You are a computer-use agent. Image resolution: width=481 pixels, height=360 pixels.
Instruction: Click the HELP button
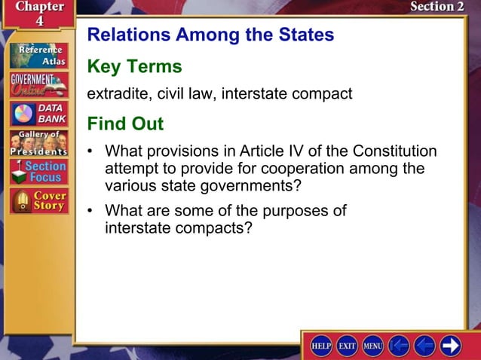click(x=322, y=346)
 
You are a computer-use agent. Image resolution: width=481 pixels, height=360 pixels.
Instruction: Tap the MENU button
click(x=373, y=346)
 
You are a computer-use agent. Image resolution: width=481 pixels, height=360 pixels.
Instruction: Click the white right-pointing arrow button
click(x=451, y=346)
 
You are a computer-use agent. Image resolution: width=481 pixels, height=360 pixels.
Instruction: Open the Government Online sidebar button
click(x=39, y=84)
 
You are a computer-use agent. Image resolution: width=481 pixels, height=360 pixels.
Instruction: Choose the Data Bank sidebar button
click(x=39, y=114)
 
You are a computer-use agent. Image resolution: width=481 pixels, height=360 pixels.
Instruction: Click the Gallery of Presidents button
click(x=39, y=143)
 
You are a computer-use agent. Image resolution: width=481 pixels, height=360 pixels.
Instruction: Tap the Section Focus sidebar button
click(x=39, y=172)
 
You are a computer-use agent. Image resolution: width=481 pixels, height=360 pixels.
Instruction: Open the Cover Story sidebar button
click(x=39, y=201)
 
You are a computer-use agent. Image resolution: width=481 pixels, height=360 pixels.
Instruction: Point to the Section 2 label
click(x=437, y=7)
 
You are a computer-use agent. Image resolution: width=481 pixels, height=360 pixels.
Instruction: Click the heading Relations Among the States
click(x=210, y=35)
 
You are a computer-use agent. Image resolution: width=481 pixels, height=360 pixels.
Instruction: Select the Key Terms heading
click(x=134, y=66)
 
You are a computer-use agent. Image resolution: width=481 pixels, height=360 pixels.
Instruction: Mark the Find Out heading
click(x=125, y=123)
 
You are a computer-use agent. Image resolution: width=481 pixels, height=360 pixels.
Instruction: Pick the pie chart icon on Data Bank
click(x=23, y=114)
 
